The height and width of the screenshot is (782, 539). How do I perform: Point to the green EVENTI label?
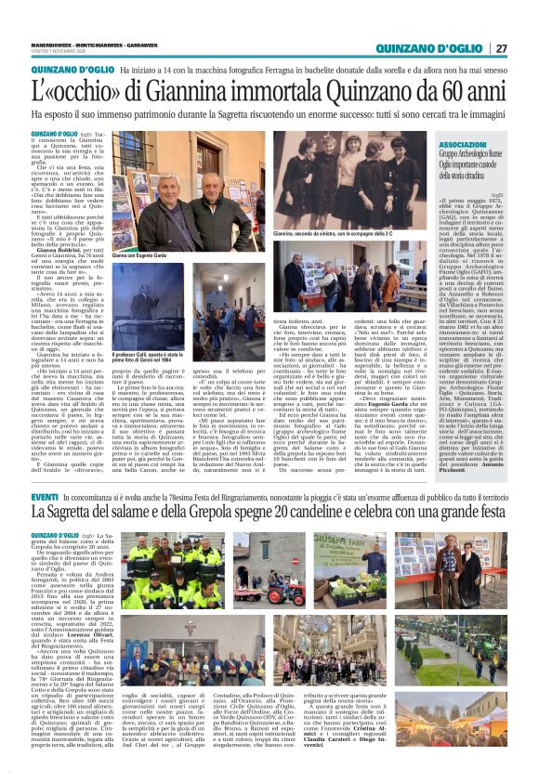click(x=45, y=500)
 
